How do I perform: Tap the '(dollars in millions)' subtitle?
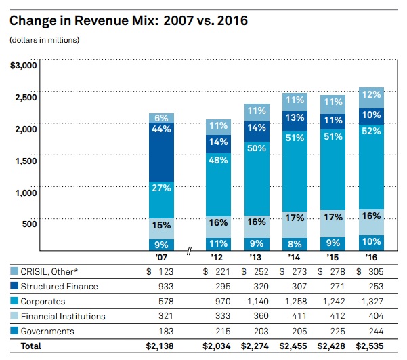tap(45, 40)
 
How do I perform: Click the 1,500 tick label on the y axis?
tap(26, 160)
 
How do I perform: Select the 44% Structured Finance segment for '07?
tap(161, 129)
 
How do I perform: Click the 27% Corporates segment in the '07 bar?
tap(161, 188)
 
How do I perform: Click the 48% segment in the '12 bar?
tap(219, 161)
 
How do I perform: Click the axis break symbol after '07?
tap(190, 252)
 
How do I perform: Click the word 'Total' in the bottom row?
tap(30, 346)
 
